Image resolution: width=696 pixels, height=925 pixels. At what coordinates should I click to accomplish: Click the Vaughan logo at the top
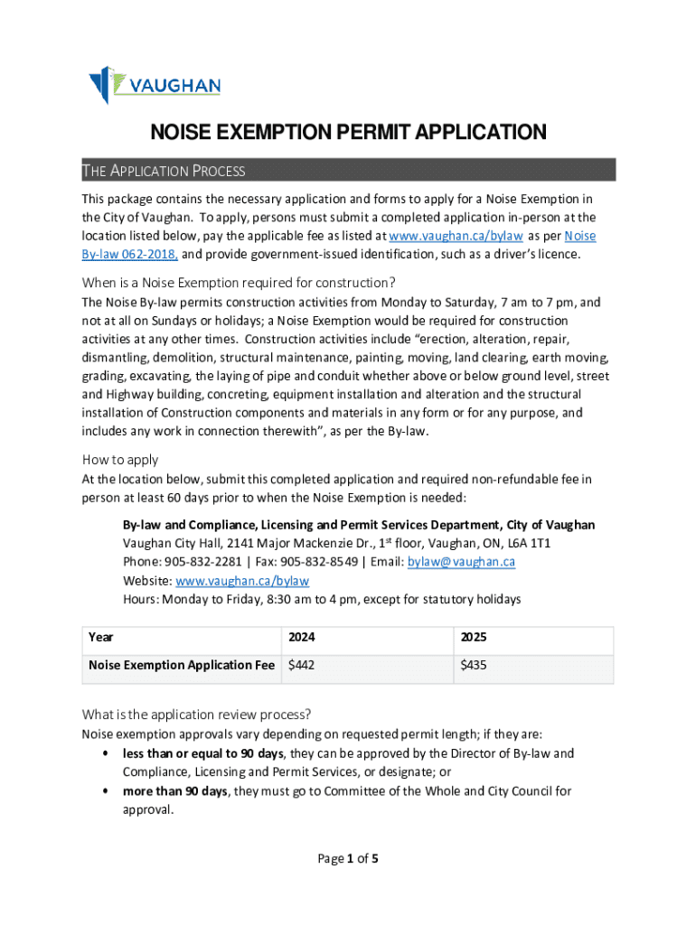tap(154, 85)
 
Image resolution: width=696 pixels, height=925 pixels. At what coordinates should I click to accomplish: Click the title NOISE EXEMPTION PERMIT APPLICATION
tap(347, 133)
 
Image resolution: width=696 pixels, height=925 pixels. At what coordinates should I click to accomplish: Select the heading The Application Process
tap(164, 171)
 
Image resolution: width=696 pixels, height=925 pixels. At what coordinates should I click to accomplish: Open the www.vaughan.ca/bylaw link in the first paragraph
tap(456, 236)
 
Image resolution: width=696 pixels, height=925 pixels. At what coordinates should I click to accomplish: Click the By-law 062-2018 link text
tap(129, 255)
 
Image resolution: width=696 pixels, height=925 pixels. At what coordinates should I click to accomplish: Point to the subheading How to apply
tap(119, 459)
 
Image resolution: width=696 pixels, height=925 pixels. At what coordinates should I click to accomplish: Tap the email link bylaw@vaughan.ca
tap(461, 562)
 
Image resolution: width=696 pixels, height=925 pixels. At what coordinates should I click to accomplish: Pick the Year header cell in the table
tap(101, 638)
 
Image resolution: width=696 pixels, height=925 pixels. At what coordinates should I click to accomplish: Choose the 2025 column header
tap(474, 638)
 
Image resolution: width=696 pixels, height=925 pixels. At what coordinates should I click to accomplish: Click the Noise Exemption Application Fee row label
tap(181, 666)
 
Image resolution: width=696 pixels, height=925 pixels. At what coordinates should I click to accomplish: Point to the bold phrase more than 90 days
tap(175, 791)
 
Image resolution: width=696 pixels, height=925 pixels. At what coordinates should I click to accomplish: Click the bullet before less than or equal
tap(108, 753)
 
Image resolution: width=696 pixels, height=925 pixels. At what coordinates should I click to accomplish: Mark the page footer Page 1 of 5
tap(347, 859)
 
